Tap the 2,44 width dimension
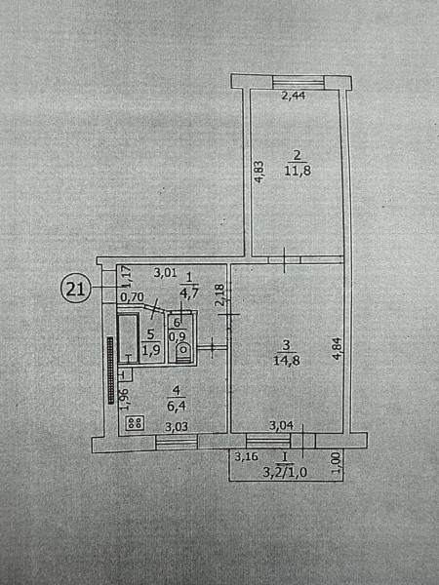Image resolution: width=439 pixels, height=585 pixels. (x=294, y=96)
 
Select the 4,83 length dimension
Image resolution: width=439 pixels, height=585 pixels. (x=259, y=172)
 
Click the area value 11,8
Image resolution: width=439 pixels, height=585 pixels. (x=298, y=171)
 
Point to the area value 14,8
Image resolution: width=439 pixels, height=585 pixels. (x=287, y=361)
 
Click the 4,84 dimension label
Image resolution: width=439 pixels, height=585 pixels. (x=337, y=348)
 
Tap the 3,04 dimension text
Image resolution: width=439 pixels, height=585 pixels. (x=282, y=425)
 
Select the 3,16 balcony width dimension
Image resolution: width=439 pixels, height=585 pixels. (x=247, y=456)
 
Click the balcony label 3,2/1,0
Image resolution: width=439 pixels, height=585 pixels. (x=285, y=473)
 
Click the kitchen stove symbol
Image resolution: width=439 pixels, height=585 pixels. (x=136, y=423)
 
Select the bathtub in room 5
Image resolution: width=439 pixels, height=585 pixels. (x=129, y=338)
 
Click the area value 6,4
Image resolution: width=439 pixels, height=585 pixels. (x=176, y=406)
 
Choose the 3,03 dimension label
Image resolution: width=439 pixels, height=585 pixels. (x=177, y=426)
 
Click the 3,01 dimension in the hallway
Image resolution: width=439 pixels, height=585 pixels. (x=165, y=273)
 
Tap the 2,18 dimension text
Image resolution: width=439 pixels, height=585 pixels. (x=220, y=295)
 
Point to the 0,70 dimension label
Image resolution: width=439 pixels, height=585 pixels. (x=132, y=297)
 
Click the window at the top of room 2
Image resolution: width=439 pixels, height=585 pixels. (x=298, y=83)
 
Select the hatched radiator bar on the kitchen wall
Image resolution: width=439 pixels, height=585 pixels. (x=110, y=370)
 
